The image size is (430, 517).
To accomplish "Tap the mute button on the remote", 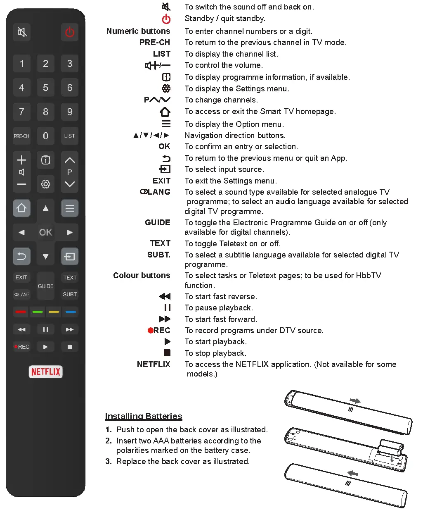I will click(x=22, y=32).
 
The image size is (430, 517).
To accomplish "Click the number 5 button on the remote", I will click(x=45, y=88).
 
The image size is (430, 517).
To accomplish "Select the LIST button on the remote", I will click(x=69, y=136).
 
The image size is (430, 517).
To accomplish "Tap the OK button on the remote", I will click(x=45, y=232).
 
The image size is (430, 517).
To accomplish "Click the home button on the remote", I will click(x=21, y=208).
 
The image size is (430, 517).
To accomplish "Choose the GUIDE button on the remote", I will click(x=45, y=286).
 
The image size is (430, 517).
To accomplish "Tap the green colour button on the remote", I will click(x=38, y=312).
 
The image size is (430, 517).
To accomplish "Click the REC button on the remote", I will click(x=22, y=347).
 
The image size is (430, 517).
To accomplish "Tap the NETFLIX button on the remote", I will click(x=45, y=372).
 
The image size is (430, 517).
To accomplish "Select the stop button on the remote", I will click(x=70, y=347).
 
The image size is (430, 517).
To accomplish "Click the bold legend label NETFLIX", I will click(x=154, y=364).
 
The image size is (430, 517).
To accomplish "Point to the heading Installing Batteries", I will click(x=143, y=416).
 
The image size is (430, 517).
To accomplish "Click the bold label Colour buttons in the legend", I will click(x=142, y=275).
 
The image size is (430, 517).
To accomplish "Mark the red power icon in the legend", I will click(x=166, y=19).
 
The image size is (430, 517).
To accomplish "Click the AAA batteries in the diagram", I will click(x=390, y=448).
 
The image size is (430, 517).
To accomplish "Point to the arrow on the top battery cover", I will click(x=355, y=401).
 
